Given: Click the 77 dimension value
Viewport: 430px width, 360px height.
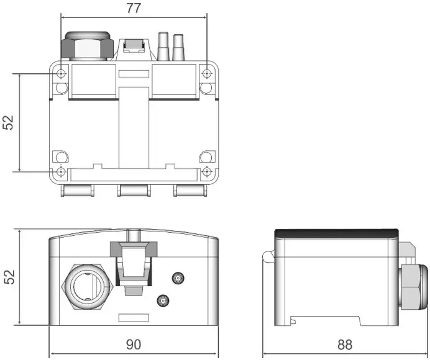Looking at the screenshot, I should [x=133, y=8].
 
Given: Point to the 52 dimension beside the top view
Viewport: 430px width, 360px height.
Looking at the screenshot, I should [x=9, y=122].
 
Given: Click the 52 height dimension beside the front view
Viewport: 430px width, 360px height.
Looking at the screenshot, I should [x=9, y=277].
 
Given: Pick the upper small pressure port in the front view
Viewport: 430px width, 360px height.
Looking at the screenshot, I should [x=179, y=279].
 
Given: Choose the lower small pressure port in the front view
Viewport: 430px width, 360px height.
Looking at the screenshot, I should [x=163, y=301].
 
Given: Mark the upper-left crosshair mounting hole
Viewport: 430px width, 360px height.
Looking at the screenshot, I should [x=61, y=74].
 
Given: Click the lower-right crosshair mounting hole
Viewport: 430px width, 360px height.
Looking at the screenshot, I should [x=207, y=171].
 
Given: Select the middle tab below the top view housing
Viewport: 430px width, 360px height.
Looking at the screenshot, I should [x=134, y=190].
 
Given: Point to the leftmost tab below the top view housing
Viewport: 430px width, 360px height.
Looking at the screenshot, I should [x=78, y=190].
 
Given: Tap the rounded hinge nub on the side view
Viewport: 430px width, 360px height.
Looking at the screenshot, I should [x=268, y=256].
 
